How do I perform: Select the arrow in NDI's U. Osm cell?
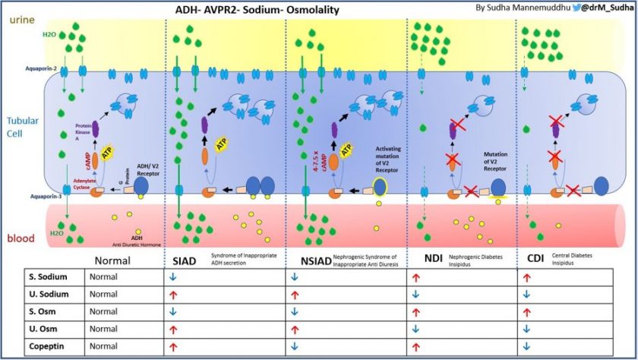415,330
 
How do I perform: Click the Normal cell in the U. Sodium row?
104,295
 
